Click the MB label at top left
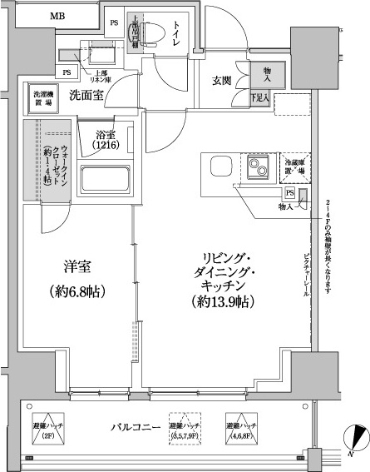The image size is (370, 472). click(57, 17)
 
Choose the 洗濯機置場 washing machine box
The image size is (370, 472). click(41, 97)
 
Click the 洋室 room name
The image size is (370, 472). click(77, 268)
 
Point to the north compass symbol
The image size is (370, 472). click(356, 436)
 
